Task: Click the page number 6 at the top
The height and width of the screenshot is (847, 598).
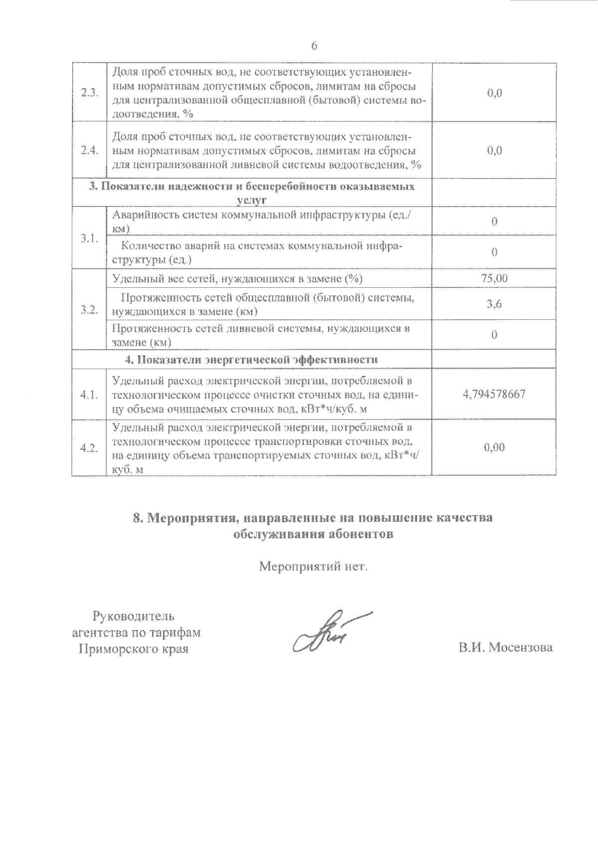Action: coord(314,46)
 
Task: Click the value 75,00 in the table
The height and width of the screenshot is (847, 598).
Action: coord(494,278)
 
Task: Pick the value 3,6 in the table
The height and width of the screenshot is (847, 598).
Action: coord(494,305)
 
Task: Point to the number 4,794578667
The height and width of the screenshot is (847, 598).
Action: coord(494,395)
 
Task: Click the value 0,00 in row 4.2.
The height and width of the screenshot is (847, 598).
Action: coord(494,447)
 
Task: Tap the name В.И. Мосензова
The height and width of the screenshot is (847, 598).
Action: coord(506,647)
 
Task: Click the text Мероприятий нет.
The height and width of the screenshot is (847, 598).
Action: coord(313,567)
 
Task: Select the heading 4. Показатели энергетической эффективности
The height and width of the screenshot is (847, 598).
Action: coord(251,360)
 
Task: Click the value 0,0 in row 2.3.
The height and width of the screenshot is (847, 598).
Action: coord(494,93)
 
